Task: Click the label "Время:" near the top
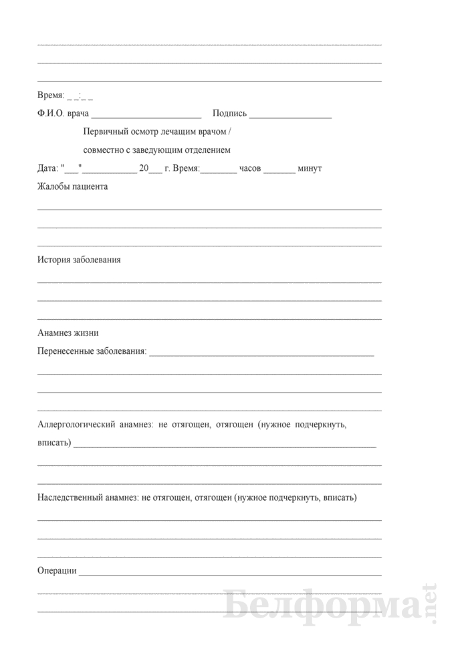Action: (x=51, y=95)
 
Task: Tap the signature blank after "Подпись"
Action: (x=291, y=114)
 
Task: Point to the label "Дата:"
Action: (x=47, y=168)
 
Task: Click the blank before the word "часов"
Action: (x=219, y=169)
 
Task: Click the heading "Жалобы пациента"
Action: (x=73, y=187)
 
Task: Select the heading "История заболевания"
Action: (x=79, y=260)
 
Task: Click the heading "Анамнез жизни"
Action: (x=68, y=333)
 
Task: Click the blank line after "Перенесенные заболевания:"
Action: (x=261, y=351)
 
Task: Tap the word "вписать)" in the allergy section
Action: (x=53, y=443)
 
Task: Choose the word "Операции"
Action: (x=57, y=571)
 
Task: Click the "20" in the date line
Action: (x=143, y=168)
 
